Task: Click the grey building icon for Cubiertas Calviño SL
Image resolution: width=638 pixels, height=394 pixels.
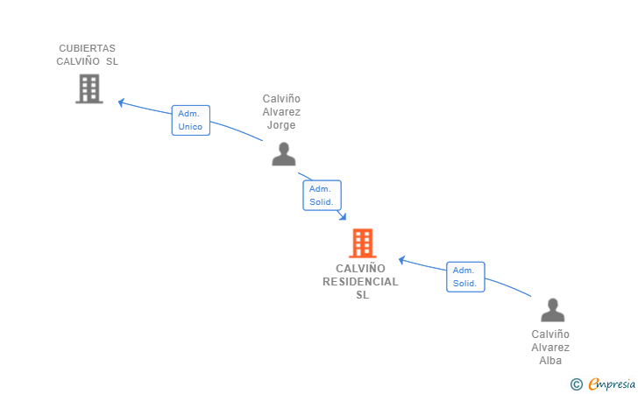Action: (x=89, y=88)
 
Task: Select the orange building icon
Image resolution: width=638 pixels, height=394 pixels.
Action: (x=363, y=243)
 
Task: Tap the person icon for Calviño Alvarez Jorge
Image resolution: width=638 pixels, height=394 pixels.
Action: (x=284, y=154)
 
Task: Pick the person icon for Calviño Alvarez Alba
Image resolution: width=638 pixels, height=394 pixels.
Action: (x=552, y=310)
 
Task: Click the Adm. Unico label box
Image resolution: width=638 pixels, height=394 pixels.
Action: (x=191, y=120)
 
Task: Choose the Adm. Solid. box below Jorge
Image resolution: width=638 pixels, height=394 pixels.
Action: (x=322, y=195)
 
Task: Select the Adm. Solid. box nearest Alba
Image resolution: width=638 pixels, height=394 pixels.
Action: (x=465, y=277)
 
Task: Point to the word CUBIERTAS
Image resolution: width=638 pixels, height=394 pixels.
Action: (x=87, y=48)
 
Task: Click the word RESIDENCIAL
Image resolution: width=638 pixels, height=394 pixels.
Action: (x=360, y=282)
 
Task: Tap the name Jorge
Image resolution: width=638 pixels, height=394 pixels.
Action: (x=281, y=125)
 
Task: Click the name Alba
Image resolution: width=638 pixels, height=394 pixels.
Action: (x=550, y=360)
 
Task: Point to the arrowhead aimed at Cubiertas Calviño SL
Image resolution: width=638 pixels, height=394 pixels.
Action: (x=121, y=102)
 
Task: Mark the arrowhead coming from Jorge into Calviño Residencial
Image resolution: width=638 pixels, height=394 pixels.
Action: (x=343, y=216)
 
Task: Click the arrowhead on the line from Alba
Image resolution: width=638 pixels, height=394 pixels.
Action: (x=401, y=259)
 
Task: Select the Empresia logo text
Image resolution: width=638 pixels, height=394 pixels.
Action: (x=612, y=383)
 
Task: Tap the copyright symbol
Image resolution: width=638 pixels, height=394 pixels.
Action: (x=576, y=384)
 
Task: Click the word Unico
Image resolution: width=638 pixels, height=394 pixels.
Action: (x=190, y=127)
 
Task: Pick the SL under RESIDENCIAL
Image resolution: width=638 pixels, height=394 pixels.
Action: (x=363, y=295)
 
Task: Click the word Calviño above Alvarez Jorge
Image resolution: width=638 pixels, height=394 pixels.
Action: (x=281, y=99)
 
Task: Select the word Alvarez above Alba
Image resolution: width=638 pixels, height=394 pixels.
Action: (x=550, y=348)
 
